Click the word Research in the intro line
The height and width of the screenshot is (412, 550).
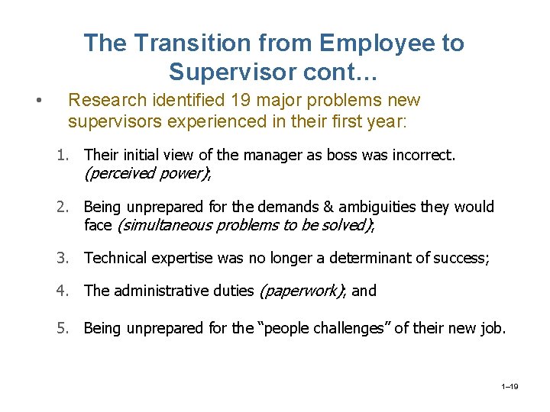103,101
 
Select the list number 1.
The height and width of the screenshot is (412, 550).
61,156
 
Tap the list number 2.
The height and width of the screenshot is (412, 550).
61,207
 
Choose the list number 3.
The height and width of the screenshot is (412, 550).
61,258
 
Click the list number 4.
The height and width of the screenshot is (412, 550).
61,291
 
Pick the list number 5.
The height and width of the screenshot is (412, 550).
61,328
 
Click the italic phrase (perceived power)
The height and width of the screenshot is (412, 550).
145,173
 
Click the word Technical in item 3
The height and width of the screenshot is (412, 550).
115,258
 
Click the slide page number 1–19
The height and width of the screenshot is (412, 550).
510,388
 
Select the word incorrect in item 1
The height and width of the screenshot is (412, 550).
425,156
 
